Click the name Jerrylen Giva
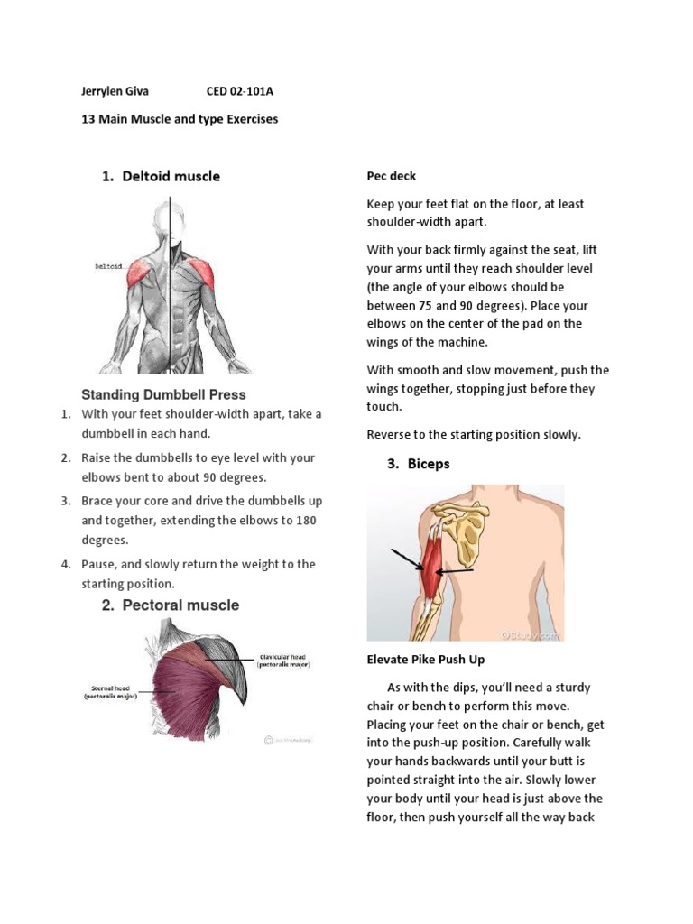(x=115, y=91)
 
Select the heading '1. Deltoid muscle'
(x=161, y=176)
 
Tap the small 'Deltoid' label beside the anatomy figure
(x=106, y=266)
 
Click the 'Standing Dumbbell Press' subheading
(x=163, y=394)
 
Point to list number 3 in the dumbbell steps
(x=65, y=500)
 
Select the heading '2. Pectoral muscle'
(x=171, y=605)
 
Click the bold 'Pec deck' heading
(x=391, y=176)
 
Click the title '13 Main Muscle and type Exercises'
(x=180, y=119)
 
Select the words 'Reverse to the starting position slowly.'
(x=474, y=434)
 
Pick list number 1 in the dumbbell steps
(x=65, y=413)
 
